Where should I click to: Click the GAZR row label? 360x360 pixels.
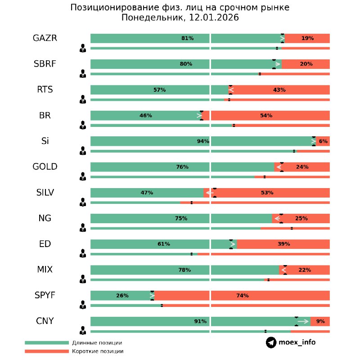45,38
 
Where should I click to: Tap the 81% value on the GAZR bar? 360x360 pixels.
187,39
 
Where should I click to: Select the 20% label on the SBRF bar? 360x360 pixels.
306,64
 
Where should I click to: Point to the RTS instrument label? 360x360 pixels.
45,90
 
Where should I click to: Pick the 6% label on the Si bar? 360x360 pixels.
323,141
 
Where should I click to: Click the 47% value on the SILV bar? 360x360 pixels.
147,193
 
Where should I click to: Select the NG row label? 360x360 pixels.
45,219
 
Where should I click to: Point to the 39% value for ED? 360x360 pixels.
283,244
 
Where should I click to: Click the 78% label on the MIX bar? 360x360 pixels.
184,270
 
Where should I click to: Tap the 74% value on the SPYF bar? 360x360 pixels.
242,296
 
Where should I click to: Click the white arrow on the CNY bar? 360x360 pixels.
303,321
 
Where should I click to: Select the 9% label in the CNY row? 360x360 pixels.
320,322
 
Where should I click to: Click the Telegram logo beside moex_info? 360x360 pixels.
271,342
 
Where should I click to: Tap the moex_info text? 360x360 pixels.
297,342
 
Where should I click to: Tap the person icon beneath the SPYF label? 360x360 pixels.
83,306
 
